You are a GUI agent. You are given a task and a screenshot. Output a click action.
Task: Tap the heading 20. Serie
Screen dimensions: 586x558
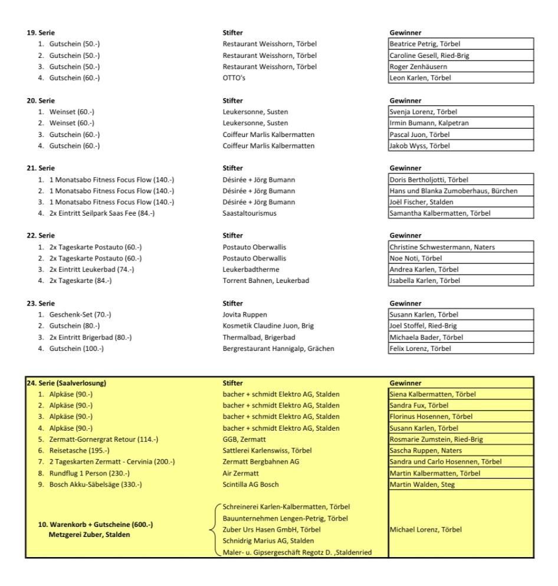(x=22, y=101)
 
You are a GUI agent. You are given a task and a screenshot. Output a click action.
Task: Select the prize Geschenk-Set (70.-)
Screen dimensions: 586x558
(x=65, y=314)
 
